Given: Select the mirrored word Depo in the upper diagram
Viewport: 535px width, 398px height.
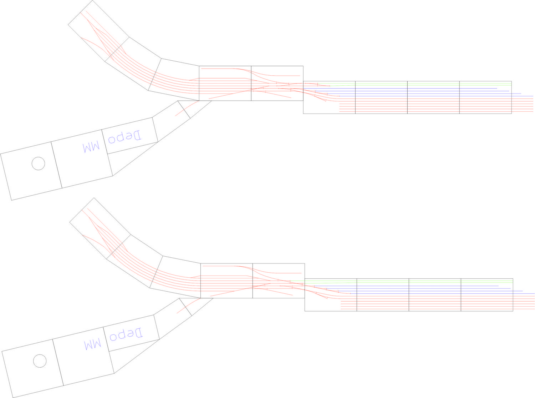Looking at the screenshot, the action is (125, 137).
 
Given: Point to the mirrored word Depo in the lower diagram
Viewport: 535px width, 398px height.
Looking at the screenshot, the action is (126, 334).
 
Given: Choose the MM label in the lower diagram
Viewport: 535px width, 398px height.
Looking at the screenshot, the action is (93, 345).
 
